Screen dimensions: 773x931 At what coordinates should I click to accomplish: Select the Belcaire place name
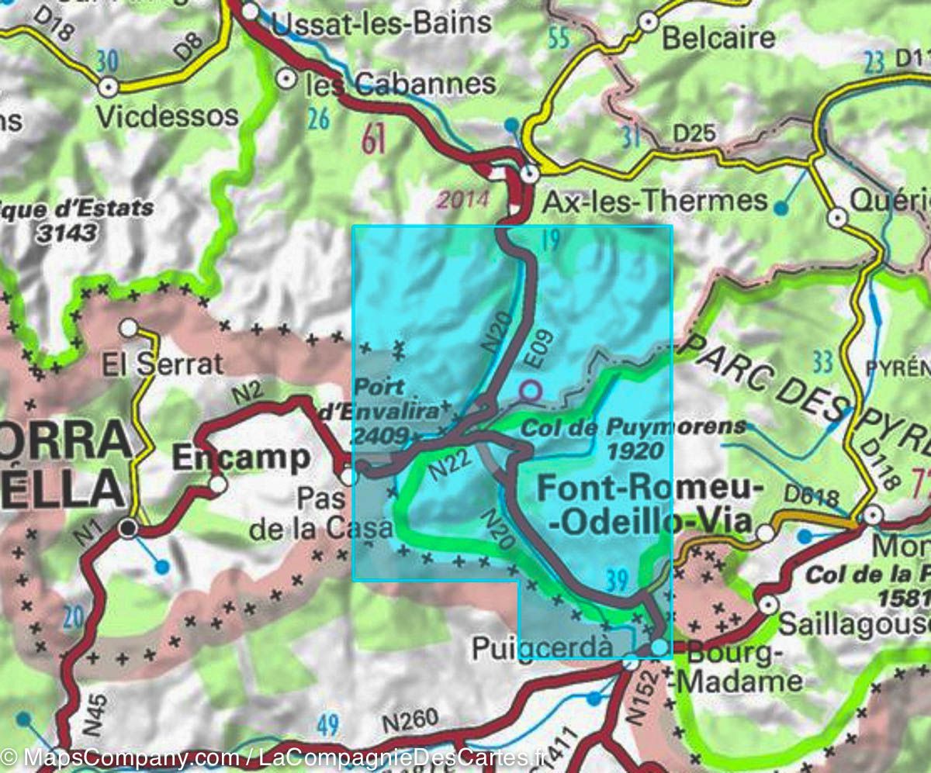point(718,37)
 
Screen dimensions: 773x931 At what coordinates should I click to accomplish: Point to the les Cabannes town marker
point(286,78)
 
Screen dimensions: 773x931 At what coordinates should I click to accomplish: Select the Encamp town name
point(240,457)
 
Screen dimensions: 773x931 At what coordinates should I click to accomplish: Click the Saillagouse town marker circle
point(768,605)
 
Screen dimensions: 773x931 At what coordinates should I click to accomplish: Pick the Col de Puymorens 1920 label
point(633,438)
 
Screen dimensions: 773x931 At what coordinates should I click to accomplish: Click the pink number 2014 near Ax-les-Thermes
point(462,200)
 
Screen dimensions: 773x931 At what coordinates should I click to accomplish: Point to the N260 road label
point(410,721)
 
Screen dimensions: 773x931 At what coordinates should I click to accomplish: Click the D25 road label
point(693,133)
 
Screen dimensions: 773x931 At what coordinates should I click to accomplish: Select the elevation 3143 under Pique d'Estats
point(71,232)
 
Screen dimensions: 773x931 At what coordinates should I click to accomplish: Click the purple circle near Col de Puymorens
point(530,390)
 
